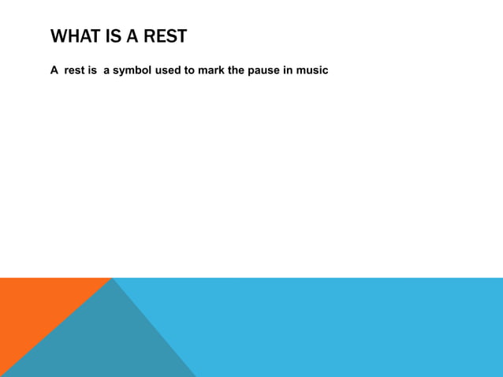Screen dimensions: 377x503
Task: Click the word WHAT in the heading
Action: click(x=76, y=36)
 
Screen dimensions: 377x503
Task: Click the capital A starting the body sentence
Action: click(x=54, y=70)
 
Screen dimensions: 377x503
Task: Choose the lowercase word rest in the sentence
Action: click(x=75, y=70)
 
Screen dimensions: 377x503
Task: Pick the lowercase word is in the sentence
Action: click(x=92, y=70)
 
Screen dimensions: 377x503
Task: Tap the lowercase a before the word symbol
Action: click(x=106, y=70)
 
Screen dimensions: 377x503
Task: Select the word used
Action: click(x=168, y=70)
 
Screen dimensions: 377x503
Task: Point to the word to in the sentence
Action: click(x=190, y=70)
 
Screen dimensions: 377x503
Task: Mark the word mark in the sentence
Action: click(x=212, y=70)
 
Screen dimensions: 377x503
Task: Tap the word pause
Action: click(x=266, y=70)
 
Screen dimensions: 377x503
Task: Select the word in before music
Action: click(x=289, y=70)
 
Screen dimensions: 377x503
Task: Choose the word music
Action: click(x=313, y=70)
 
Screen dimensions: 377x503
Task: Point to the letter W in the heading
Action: click(x=58, y=36)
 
